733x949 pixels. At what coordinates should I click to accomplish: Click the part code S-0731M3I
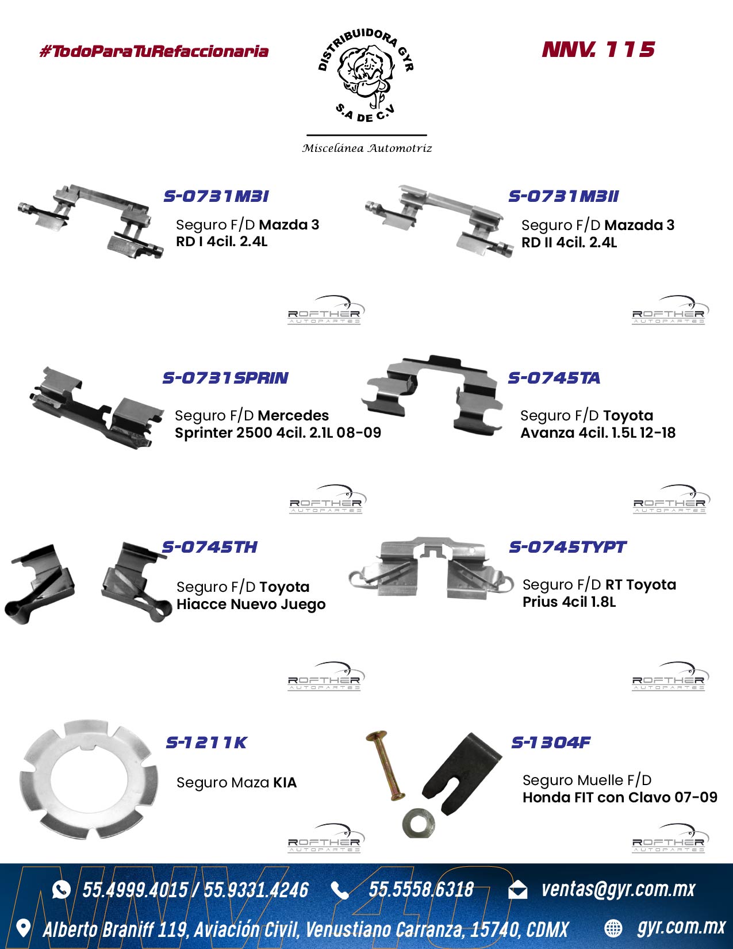tap(216, 196)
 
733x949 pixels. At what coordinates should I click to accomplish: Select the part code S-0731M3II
tap(563, 196)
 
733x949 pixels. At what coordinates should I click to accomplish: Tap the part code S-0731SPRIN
tap(225, 378)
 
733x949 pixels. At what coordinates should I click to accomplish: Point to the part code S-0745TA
tap(554, 378)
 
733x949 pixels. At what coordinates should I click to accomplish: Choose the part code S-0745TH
tap(210, 547)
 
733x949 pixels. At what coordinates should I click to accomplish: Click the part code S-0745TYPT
tap(567, 547)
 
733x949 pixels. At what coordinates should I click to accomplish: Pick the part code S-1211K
tap(206, 743)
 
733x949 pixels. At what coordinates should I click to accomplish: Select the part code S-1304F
tap(551, 742)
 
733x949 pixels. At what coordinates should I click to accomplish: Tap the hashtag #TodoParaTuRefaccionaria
tap(154, 51)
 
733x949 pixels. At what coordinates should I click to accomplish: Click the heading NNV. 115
tap(598, 49)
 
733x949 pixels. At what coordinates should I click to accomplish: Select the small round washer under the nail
tap(419, 823)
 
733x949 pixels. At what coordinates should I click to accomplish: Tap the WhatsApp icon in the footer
tap(61, 889)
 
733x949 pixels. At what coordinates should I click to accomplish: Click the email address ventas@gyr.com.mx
tap(618, 889)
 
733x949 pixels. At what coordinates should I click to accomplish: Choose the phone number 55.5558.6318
tap(421, 889)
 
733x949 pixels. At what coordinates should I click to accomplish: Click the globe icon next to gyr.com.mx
tap(613, 928)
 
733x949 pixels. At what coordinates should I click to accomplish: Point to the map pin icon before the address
tap(22, 928)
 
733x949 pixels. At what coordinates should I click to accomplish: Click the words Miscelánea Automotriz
tap(367, 148)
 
